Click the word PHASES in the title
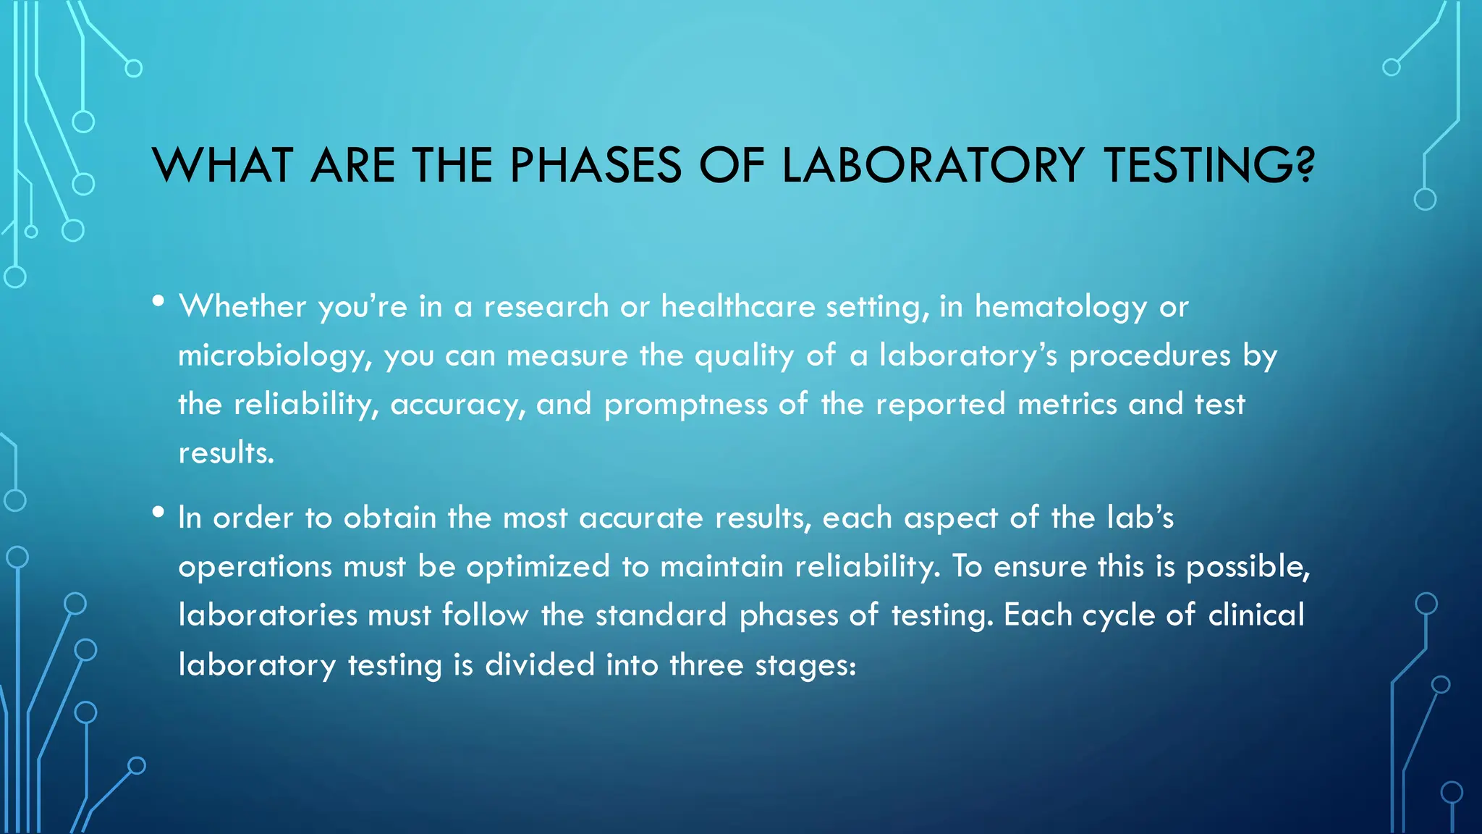pos(596,165)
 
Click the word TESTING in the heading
pos(1199,165)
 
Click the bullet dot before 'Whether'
pos(158,301)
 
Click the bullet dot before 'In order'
pos(158,513)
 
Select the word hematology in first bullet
pos(1061,308)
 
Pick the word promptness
pos(685,405)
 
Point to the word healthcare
pos(738,307)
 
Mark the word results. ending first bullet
pos(226,453)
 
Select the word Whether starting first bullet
pos(243,307)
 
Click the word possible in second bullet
pos(1245,567)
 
